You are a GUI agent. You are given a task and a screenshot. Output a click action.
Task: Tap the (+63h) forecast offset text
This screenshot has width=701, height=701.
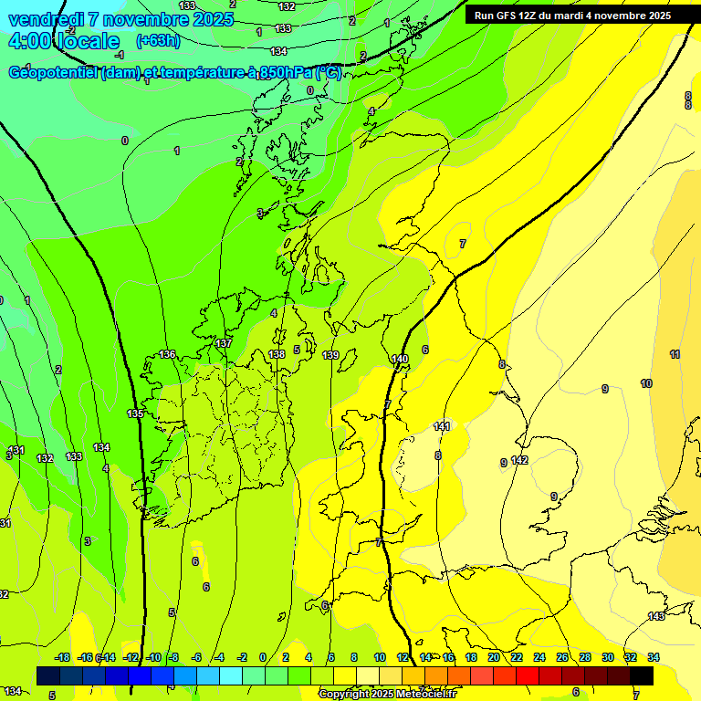click(158, 41)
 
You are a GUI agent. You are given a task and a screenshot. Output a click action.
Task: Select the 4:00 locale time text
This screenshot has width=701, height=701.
click(64, 41)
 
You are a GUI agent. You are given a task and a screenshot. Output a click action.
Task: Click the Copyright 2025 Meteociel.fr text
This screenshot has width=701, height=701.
click(388, 694)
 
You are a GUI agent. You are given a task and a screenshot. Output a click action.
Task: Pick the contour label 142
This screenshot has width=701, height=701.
click(519, 460)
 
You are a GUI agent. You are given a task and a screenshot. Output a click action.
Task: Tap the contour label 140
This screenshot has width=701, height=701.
click(400, 359)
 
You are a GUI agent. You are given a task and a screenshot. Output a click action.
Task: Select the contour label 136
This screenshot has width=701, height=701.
click(167, 354)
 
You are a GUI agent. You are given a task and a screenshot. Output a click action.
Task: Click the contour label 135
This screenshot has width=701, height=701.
click(135, 413)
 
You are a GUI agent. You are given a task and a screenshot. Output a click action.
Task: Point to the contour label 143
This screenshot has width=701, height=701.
click(656, 617)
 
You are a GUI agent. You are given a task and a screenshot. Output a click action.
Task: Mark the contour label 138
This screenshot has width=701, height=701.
click(277, 354)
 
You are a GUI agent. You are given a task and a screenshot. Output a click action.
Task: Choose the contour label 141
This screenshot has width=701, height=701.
click(443, 426)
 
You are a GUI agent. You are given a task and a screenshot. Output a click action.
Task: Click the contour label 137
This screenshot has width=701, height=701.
click(224, 343)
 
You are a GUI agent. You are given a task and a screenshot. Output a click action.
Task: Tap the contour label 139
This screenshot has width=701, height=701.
click(330, 355)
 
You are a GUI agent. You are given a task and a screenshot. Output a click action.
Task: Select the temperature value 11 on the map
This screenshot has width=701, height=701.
click(675, 354)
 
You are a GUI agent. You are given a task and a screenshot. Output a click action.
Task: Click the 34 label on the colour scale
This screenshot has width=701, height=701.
click(654, 657)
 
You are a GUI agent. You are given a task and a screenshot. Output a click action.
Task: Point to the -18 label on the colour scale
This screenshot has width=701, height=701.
click(62, 657)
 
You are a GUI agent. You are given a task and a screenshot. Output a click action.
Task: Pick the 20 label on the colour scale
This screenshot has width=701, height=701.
click(493, 657)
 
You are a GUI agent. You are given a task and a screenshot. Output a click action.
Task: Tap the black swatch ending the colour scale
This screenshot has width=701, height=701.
click(642, 675)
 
